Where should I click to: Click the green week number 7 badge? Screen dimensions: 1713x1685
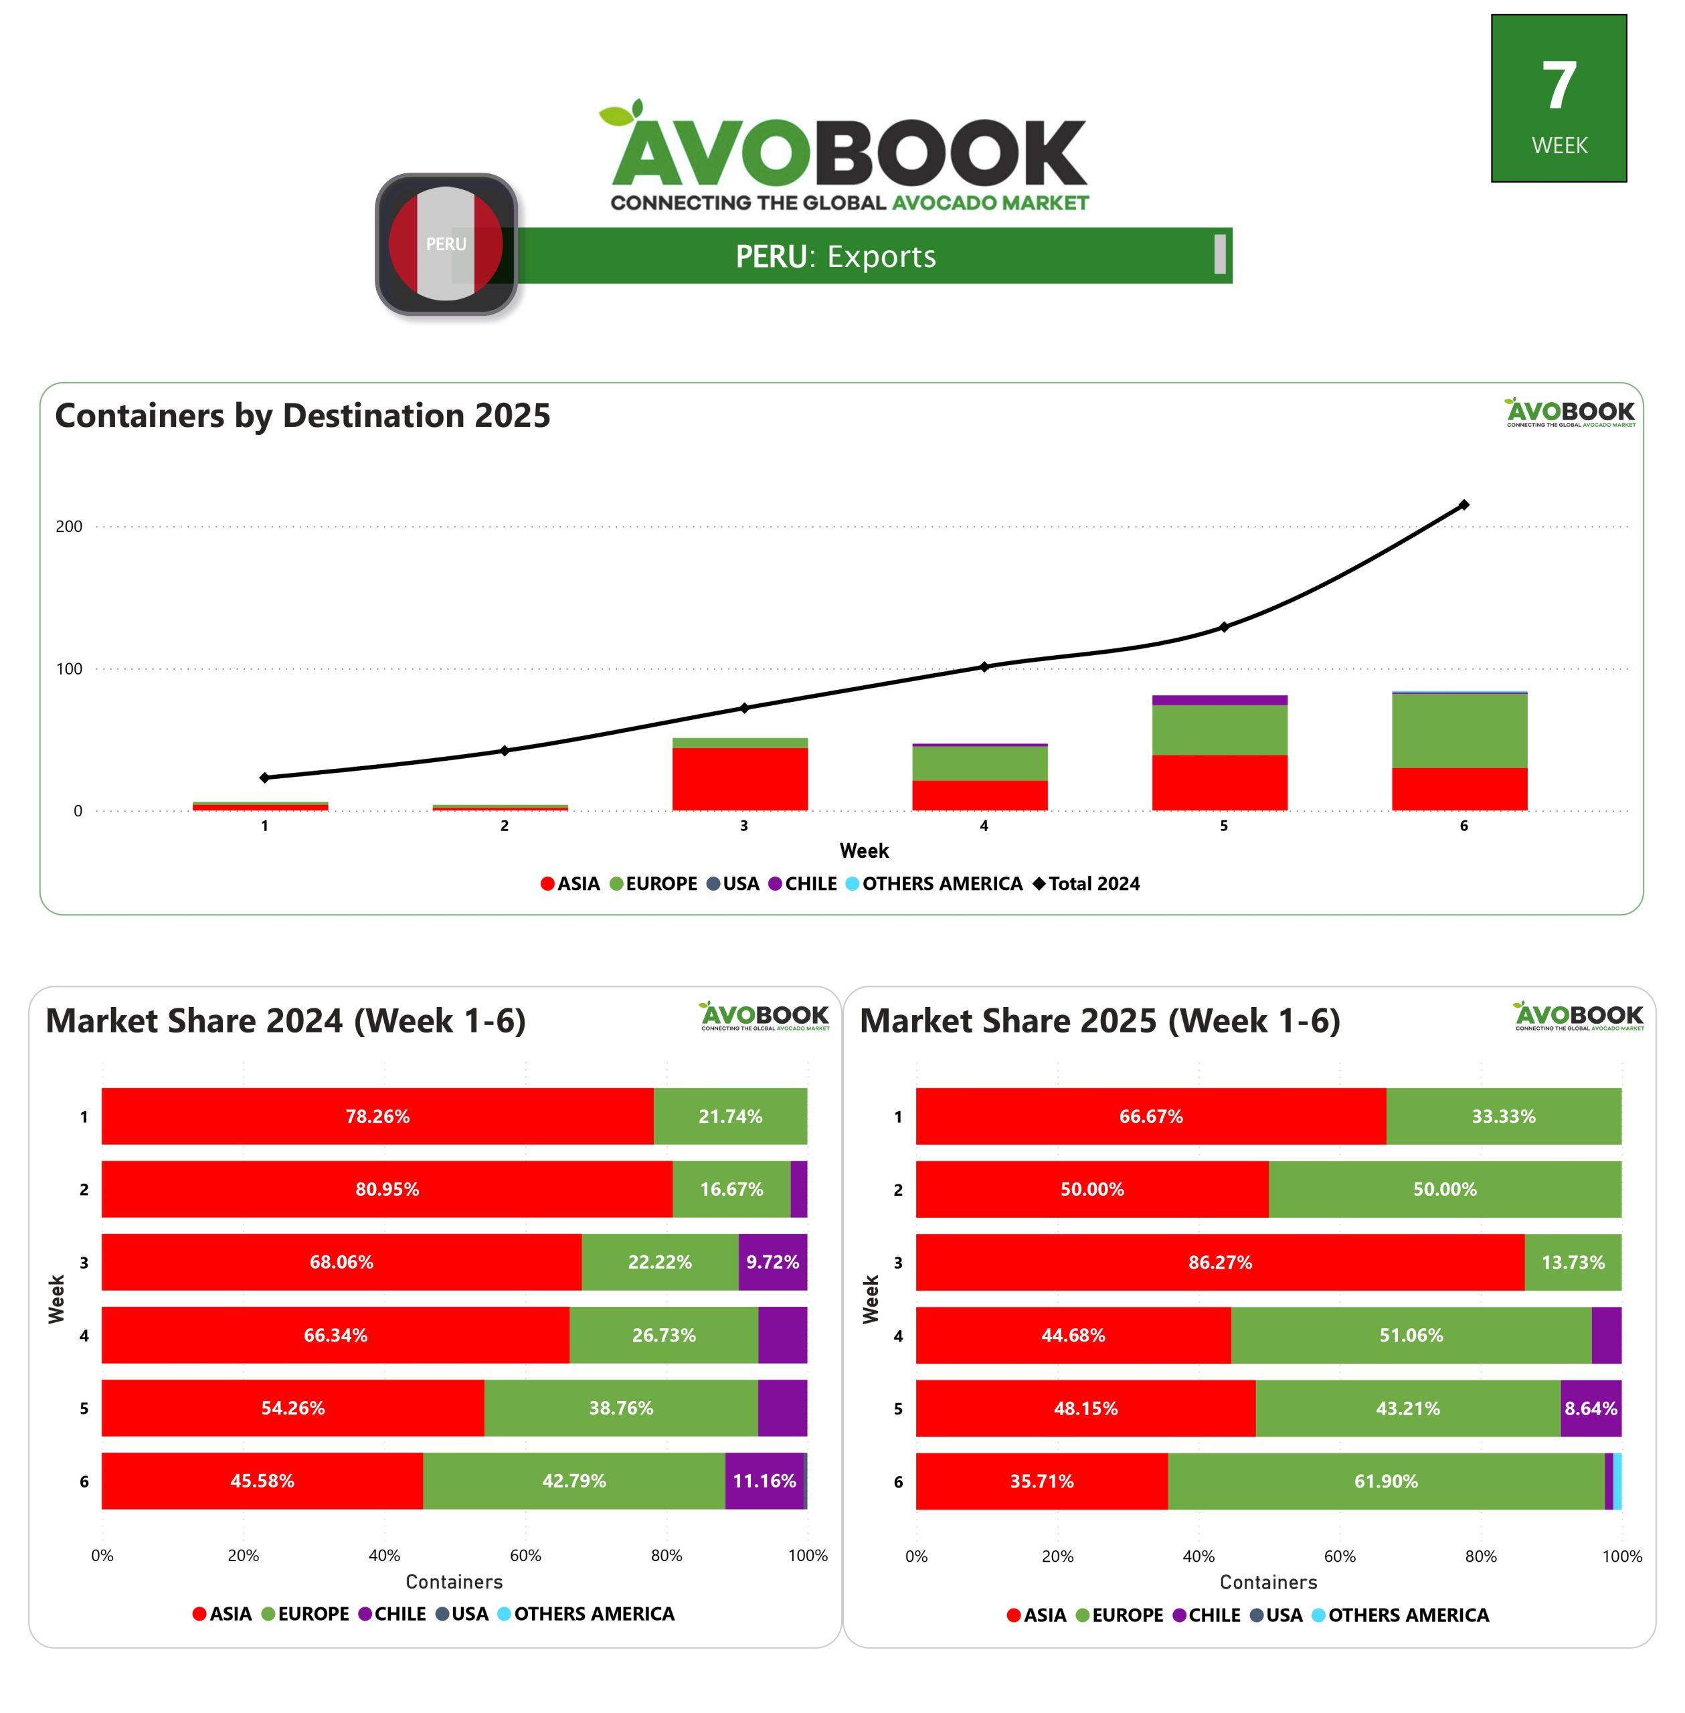click(1559, 98)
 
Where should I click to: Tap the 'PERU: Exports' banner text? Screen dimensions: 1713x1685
click(835, 256)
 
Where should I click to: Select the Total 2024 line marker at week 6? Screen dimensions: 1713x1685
click(1464, 505)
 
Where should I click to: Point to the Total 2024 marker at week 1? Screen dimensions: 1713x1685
click(264, 778)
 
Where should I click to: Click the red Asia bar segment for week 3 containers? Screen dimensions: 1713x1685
click(740, 779)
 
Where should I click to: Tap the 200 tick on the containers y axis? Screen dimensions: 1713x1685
click(69, 527)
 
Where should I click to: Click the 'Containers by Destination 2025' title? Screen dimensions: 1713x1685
click(302, 416)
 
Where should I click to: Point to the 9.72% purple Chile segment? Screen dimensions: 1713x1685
click(773, 1262)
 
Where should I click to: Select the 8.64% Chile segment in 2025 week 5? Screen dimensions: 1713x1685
click(1590, 1408)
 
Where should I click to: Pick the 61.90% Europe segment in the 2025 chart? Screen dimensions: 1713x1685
click(1386, 1481)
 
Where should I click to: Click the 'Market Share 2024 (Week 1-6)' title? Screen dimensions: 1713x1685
click(286, 1021)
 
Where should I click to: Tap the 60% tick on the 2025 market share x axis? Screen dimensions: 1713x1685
click(1340, 1556)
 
